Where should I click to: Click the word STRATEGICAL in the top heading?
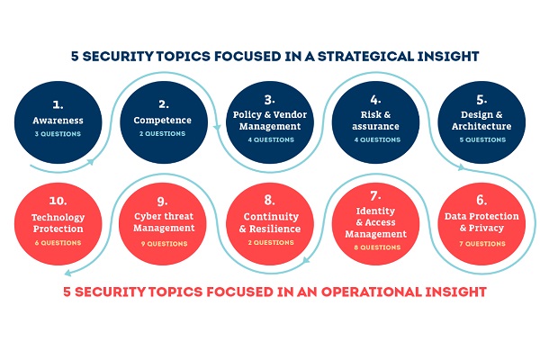pos(364,56)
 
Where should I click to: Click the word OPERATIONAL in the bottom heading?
pos(371,292)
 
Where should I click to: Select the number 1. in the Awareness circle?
pos(58,104)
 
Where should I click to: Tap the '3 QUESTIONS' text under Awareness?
pos(58,134)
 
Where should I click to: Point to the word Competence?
pos(163,121)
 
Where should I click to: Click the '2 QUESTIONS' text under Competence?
pos(163,133)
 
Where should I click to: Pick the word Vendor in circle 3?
pos(290,114)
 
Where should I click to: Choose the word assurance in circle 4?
pos(375,126)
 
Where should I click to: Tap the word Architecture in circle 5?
pos(481,126)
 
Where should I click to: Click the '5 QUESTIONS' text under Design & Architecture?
pos(482,139)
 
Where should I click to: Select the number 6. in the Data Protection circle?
pos(481,200)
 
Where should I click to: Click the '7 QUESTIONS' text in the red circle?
pos(482,244)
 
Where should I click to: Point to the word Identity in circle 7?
pos(375,211)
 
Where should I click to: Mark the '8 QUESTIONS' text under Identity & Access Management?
pos(377,247)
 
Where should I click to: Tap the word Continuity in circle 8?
pos(271,217)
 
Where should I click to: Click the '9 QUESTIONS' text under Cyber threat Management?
pos(165,244)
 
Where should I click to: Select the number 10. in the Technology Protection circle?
pos(58,201)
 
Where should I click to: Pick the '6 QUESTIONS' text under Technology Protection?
pos(58,242)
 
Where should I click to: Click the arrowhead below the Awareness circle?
pos(91,162)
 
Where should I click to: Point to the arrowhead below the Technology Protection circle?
pos(67,274)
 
